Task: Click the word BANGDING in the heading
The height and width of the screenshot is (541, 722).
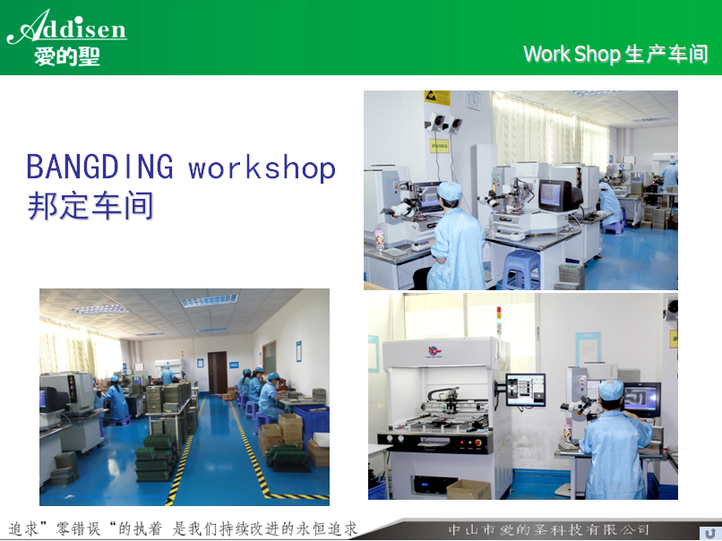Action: (100, 167)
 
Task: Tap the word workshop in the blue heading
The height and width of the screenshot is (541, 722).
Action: (262, 167)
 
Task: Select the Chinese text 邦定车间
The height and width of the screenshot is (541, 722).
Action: (90, 206)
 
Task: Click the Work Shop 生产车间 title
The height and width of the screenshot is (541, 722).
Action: (615, 54)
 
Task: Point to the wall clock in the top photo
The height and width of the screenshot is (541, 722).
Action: (473, 100)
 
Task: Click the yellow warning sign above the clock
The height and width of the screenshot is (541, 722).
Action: (437, 98)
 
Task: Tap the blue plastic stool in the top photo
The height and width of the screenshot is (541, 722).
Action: (521, 270)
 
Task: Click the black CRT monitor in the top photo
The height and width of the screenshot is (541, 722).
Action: (559, 195)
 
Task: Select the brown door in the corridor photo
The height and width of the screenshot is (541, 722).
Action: (218, 373)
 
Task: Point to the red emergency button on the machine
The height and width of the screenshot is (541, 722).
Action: (477, 443)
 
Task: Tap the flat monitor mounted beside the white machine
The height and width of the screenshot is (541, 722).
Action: (526, 390)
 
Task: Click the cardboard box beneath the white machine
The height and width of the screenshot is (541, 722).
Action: (468, 489)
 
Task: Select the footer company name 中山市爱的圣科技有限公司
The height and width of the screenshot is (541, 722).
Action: (549, 530)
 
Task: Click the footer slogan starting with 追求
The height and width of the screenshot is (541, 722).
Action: (183, 529)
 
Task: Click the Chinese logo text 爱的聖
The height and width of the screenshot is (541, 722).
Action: (67, 57)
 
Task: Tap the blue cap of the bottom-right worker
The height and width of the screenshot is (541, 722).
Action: (611, 390)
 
